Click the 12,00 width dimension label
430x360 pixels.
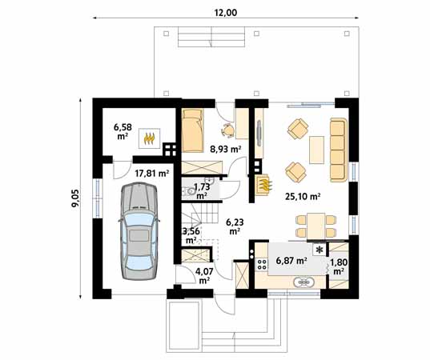click(226, 13)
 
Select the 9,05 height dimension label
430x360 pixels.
click(74, 198)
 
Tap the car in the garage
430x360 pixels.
click(139, 231)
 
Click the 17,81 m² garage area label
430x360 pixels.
click(152, 173)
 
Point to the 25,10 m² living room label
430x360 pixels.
click(303, 197)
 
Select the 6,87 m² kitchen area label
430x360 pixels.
click(291, 261)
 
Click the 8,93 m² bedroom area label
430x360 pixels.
click(226, 150)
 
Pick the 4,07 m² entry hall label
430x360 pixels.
click(204, 276)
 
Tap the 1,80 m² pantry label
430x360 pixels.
click(339, 267)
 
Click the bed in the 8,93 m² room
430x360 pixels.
click(192, 130)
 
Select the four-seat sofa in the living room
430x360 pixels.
click(339, 150)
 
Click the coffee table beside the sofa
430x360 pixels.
click(317, 150)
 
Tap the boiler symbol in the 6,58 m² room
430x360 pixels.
click(149, 138)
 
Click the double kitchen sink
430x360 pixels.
click(304, 282)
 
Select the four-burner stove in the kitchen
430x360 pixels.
click(262, 264)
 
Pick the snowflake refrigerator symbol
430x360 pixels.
click(319, 250)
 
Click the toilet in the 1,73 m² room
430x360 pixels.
click(189, 190)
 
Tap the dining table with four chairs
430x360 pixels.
click(316, 226)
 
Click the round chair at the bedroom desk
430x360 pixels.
click(227, 130)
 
